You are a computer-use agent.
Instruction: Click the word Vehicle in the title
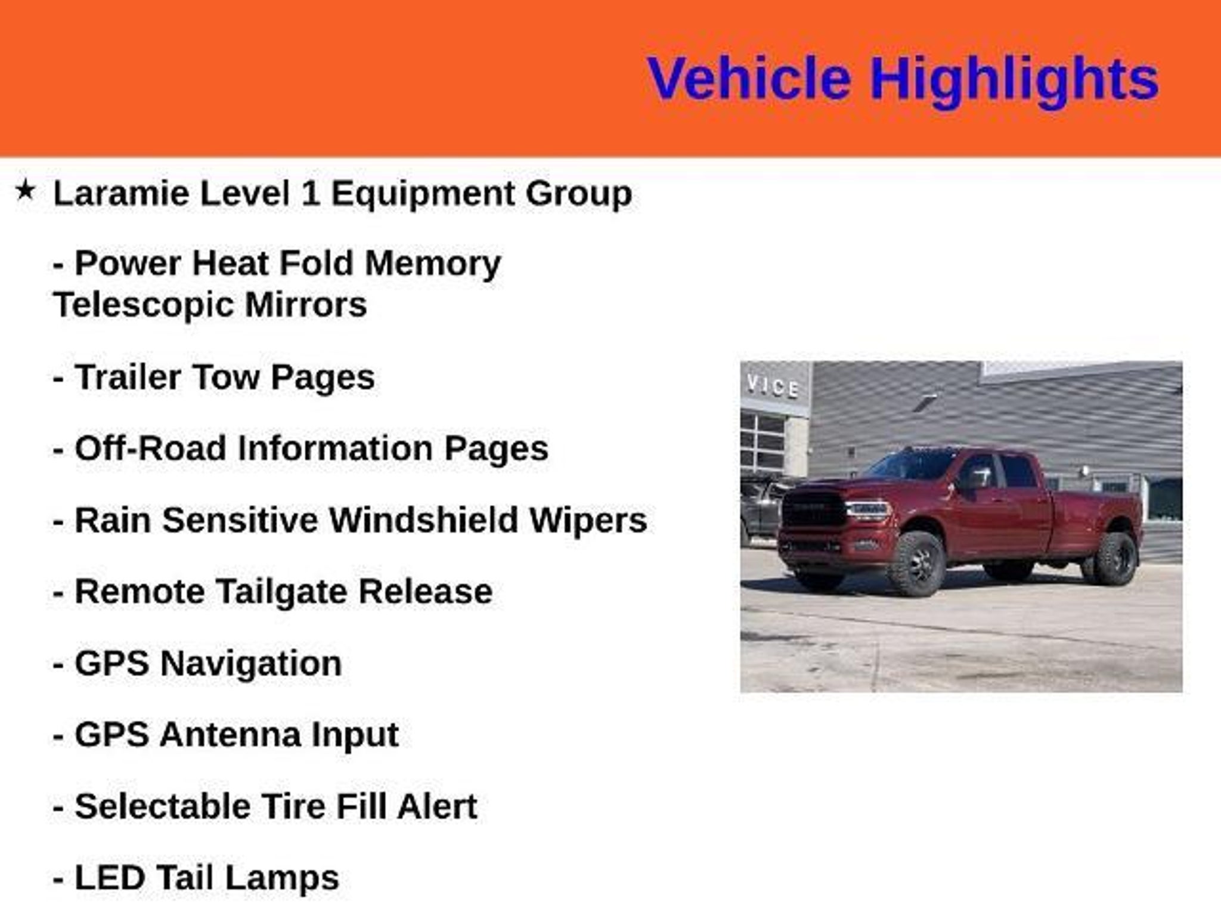(749, 78)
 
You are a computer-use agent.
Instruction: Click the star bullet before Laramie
(25, 190)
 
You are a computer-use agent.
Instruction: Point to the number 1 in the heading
(311, 193)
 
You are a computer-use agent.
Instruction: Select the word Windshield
(424, 520)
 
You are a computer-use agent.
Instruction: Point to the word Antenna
(230, 735)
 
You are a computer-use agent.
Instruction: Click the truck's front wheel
(916, 563)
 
